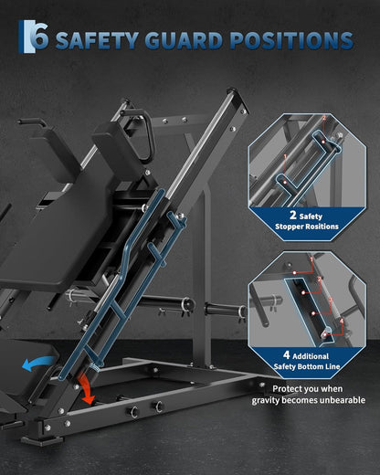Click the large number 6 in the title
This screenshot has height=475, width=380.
[x=40, y=37]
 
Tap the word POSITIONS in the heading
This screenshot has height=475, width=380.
[x=291, y=40]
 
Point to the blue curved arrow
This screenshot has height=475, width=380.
[x=37, y=364]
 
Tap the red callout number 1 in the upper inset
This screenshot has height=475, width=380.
[x=285, y=156]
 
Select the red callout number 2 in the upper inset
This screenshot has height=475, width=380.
[x=324, y=118]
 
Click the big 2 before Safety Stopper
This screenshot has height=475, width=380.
[x=293, y=215]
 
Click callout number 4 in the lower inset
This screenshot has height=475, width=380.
[x=342, y=321]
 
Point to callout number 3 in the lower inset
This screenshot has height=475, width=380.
[x=331, y=300]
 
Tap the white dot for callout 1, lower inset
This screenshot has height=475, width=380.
[x=294, y=272]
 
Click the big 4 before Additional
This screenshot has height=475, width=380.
[x=286, y=354]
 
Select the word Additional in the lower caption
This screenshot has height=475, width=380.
[x=311, y=356]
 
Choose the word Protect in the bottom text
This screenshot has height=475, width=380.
[x=287, y=389]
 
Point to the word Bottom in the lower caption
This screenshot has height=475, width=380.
[x=311, y=366]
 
